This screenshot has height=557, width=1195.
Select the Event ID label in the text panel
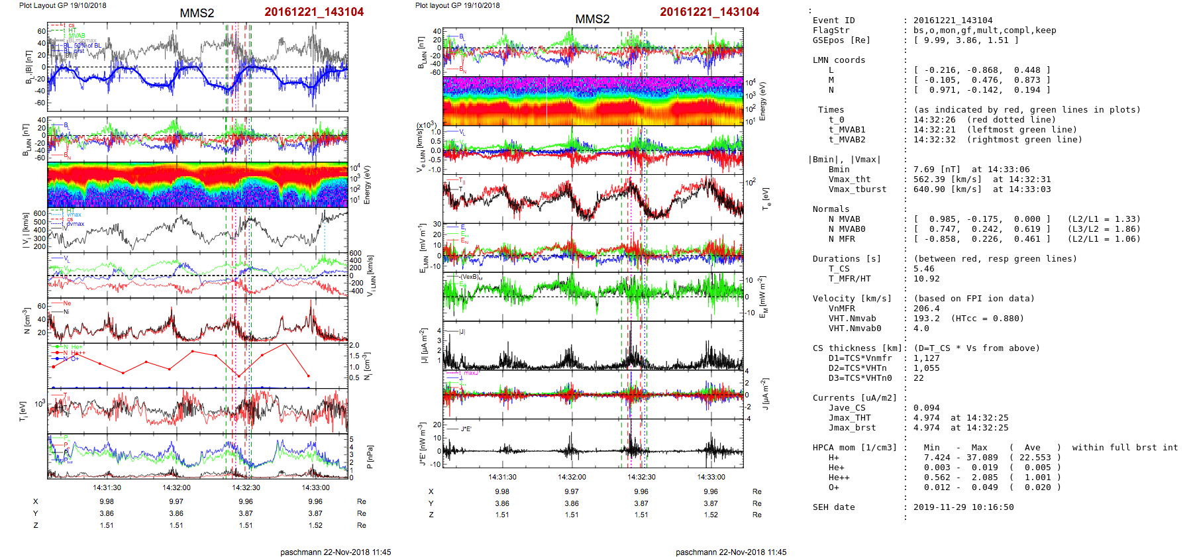[x=833, y=21]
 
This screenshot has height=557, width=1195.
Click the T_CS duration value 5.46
[x=923, y=269]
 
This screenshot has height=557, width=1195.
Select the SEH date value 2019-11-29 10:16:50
[x=963, y=507]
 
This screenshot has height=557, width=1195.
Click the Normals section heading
[x=831, y=209]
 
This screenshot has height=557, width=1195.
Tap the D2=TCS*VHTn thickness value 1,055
[x=926, y=368]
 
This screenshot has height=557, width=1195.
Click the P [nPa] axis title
[x=370, y=456]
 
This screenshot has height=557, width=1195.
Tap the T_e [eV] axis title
[x=766, y=198]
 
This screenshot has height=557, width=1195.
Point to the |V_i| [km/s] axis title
[x=26, y=230]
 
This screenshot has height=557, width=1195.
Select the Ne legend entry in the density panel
[x=67, y=304]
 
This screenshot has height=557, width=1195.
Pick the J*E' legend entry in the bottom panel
[x=466, y=429]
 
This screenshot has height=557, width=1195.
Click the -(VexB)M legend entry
[x=471, y=277]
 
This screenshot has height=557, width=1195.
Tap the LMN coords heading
[x=839, y=60]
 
